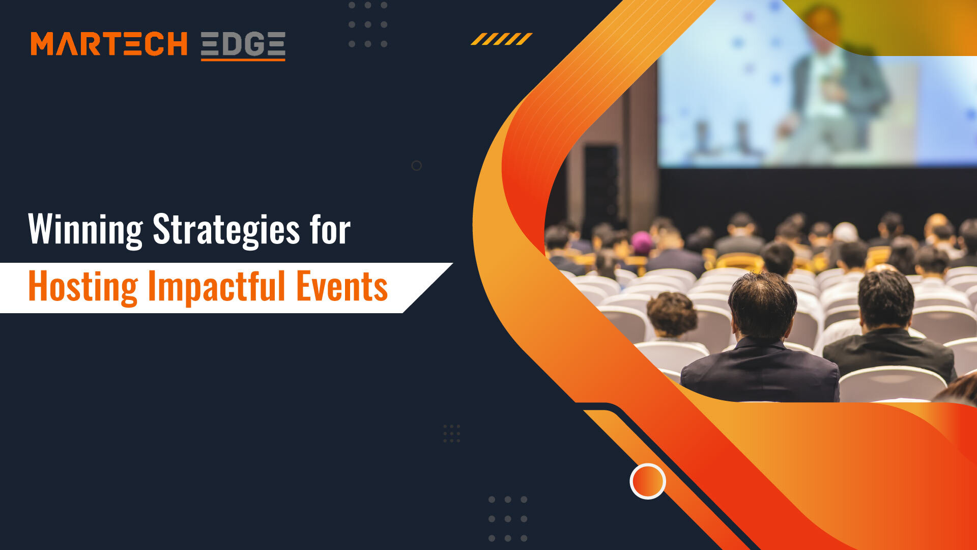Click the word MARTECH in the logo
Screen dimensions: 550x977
(x=109, y=44)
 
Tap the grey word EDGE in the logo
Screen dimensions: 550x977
(x=243, y=44)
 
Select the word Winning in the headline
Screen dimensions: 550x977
(x=85, y=230)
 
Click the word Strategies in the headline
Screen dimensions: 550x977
(x=226, y=230)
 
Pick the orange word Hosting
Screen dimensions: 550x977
(x=82, y=287)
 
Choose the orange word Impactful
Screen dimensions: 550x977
(x=216, y=287)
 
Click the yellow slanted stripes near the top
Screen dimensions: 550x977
(x=501, y=39)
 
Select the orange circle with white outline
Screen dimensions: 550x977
(x=647, y=481)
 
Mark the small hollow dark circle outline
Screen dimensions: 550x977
(x=416, y=166)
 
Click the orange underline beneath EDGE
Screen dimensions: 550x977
(x=243, y=60)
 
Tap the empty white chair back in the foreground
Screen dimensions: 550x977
(x=892, y=384)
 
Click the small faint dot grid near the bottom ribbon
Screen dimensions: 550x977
(x=451, y=433)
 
